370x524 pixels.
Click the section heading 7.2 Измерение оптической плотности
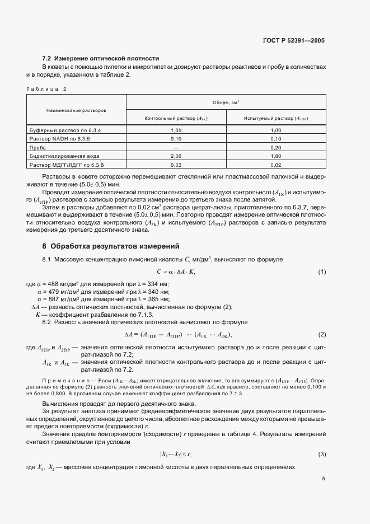coord(101,58)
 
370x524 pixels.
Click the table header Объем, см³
coord(226,102)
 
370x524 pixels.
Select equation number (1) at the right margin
coord(322,272)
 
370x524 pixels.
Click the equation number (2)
coord(322,334)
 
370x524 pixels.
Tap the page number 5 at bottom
coord(323,479)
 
